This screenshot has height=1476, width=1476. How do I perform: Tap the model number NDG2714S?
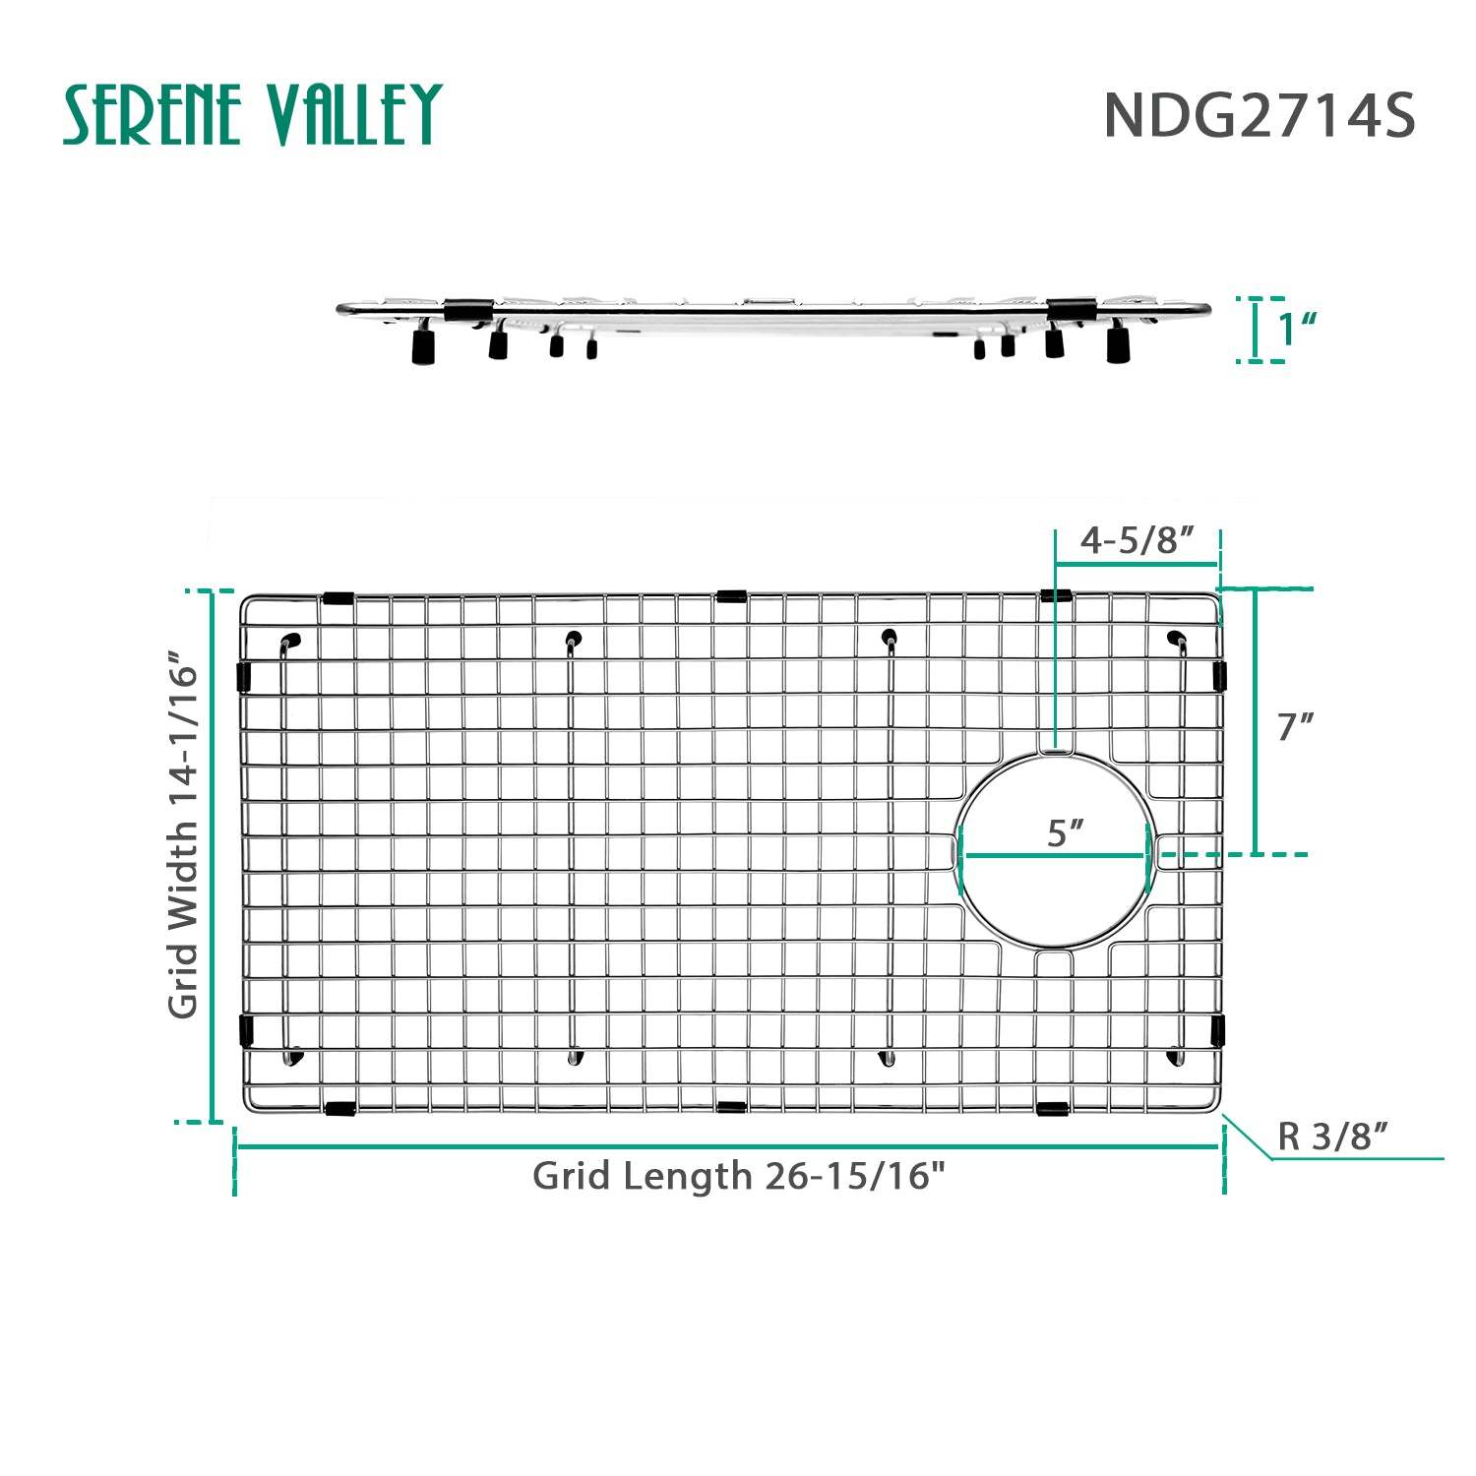pyautogui.click(x=1259, y=115)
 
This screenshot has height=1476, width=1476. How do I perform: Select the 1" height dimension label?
pyautogui.click(x=1298, y=329)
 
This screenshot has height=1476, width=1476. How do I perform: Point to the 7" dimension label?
pyautogui.click(x=1296, y=727)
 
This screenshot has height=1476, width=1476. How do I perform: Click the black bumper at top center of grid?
pyautogui.click(x=731, y=595)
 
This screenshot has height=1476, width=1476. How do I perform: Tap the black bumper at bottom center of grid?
pyautogui.click(x=731, y=1107)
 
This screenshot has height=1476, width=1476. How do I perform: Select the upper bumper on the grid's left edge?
pyautogui.click(x=244, y=676)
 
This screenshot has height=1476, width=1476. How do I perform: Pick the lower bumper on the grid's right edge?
pyautogui.click(x=1217, y=1029)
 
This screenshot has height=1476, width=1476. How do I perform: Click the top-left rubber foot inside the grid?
pyautogui.click(x=292, y=640)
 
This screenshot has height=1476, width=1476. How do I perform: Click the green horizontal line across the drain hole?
pyautogui.click(x=1054, y=855)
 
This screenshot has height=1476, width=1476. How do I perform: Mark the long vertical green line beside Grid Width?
pyautogui.click(x=212, y=856)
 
